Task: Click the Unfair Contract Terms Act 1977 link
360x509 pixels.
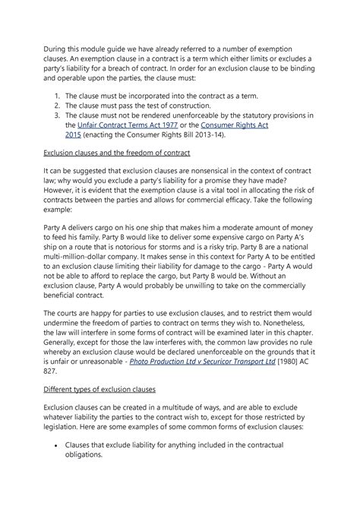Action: [x=126, y=123]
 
